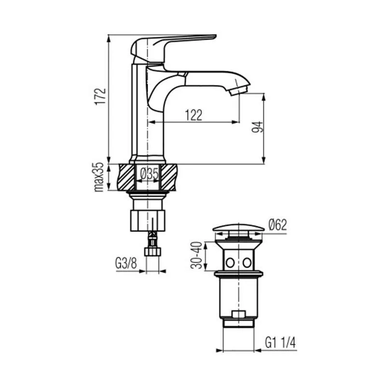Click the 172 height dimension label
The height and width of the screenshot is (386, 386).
101,96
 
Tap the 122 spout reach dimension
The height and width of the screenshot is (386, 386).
194,115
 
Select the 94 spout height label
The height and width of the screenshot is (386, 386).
257,127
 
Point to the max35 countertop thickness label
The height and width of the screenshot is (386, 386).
99,177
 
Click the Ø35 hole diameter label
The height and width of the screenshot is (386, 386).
150,174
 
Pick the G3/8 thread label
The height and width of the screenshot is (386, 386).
126,263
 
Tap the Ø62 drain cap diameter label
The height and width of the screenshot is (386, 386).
278,225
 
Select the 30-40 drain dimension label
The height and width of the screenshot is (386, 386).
196,256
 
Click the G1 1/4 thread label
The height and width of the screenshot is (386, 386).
280,343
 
